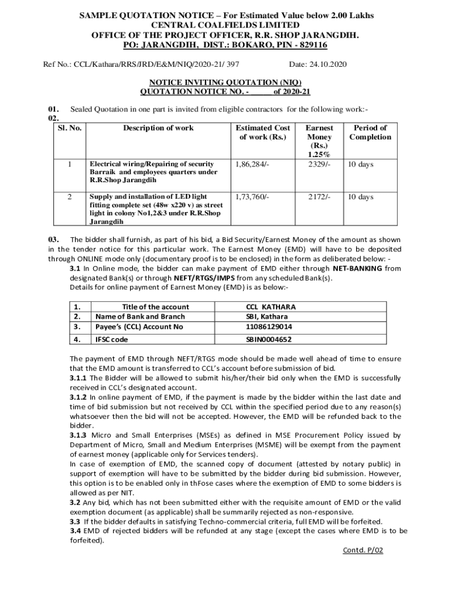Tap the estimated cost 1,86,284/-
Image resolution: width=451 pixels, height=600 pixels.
[252, 164]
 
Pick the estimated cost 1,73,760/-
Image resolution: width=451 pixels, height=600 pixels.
[252, 197]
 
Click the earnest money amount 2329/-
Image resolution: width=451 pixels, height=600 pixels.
[319, 164]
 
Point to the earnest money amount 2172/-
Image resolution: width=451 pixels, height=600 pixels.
[319, 197]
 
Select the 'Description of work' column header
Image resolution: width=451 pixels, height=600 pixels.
[158, 128]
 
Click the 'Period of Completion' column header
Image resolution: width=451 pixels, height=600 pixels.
[370, 132]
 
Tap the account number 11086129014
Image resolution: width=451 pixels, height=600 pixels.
[269, 326]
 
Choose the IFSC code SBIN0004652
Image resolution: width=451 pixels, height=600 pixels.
[269, 339]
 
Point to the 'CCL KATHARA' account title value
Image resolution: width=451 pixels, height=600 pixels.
[271, 306]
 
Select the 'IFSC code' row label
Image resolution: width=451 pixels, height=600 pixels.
[111, 339]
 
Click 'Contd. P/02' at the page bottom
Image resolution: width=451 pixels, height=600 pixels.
[363, 551]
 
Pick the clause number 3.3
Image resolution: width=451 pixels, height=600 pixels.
[75, 521]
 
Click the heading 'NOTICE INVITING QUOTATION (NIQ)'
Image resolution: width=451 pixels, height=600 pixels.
[225, 83]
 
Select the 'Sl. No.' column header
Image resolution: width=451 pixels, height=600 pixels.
[69, 128]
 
